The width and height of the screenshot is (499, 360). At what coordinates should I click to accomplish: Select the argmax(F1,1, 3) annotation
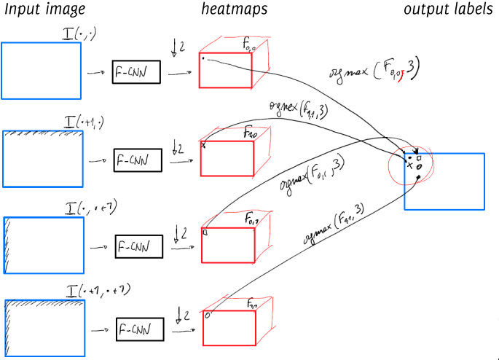pos(334,222)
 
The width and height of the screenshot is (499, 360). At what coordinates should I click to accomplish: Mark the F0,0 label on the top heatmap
pos(250,44)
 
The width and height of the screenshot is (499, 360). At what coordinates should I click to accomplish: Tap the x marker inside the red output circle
pos(409,166)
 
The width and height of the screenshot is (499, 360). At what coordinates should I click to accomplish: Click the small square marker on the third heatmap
pos(205,232)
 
